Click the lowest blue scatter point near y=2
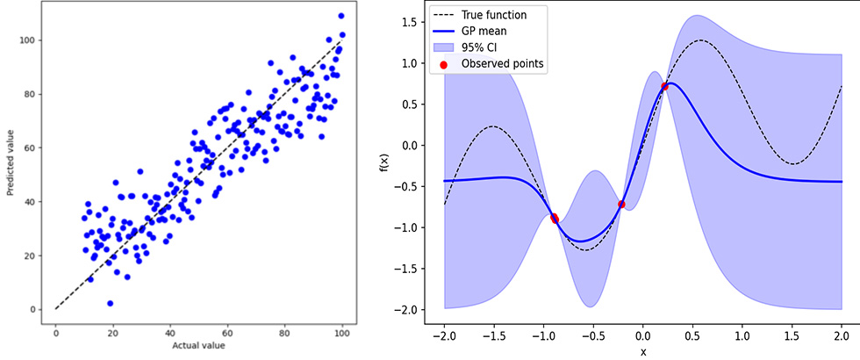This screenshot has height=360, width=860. coord(111,303)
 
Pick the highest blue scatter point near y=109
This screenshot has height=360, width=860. coord(340,16)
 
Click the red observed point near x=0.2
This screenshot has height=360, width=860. coord(664,86)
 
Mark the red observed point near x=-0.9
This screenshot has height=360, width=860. coord(555,219)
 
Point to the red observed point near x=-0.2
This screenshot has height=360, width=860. coord(622,204)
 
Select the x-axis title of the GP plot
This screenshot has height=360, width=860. coord(643,351)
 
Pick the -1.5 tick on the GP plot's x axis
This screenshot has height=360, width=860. coord(494,335)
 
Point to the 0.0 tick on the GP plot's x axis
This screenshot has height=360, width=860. coord(643,335)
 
